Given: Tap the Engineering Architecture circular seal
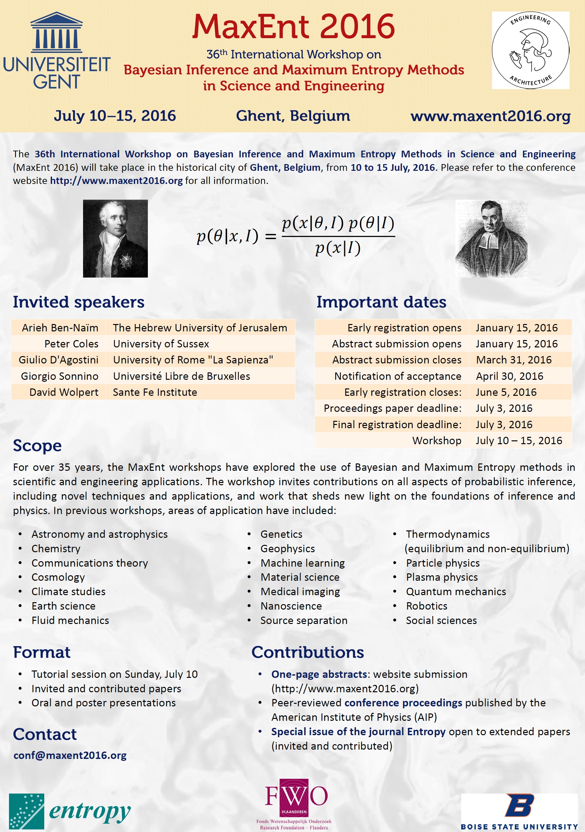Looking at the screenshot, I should (x=530, y=50).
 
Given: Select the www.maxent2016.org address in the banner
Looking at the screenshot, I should (x=490, y=116).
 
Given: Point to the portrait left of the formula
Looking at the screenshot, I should (x=115, y=238).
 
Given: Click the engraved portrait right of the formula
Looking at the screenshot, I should (x=491, y=238).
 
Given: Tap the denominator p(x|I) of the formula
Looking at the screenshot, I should (x=338, y=249).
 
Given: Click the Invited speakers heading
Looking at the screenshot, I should (x=79, y=302).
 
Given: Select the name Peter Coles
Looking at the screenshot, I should (x=71, y=344).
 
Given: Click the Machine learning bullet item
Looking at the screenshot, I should (x=302, y=563).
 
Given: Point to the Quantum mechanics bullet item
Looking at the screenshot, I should (x=455, y=591).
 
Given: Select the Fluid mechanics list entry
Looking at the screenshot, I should (x=70, y=620).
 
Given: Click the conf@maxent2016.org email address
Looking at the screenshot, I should (x=70, y=755).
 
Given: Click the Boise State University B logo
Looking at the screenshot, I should (x=520, y=805).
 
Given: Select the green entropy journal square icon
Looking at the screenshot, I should (x=27, y=812).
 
